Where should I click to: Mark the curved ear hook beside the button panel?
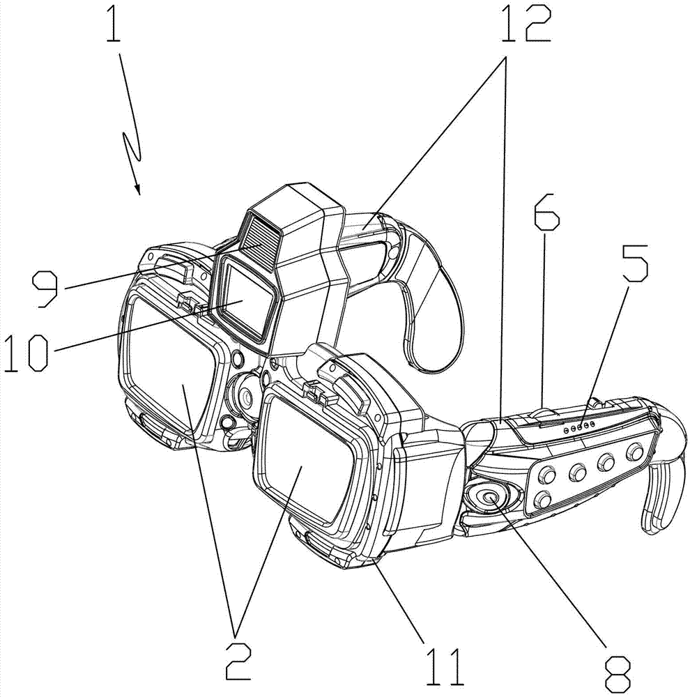(662, 474)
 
